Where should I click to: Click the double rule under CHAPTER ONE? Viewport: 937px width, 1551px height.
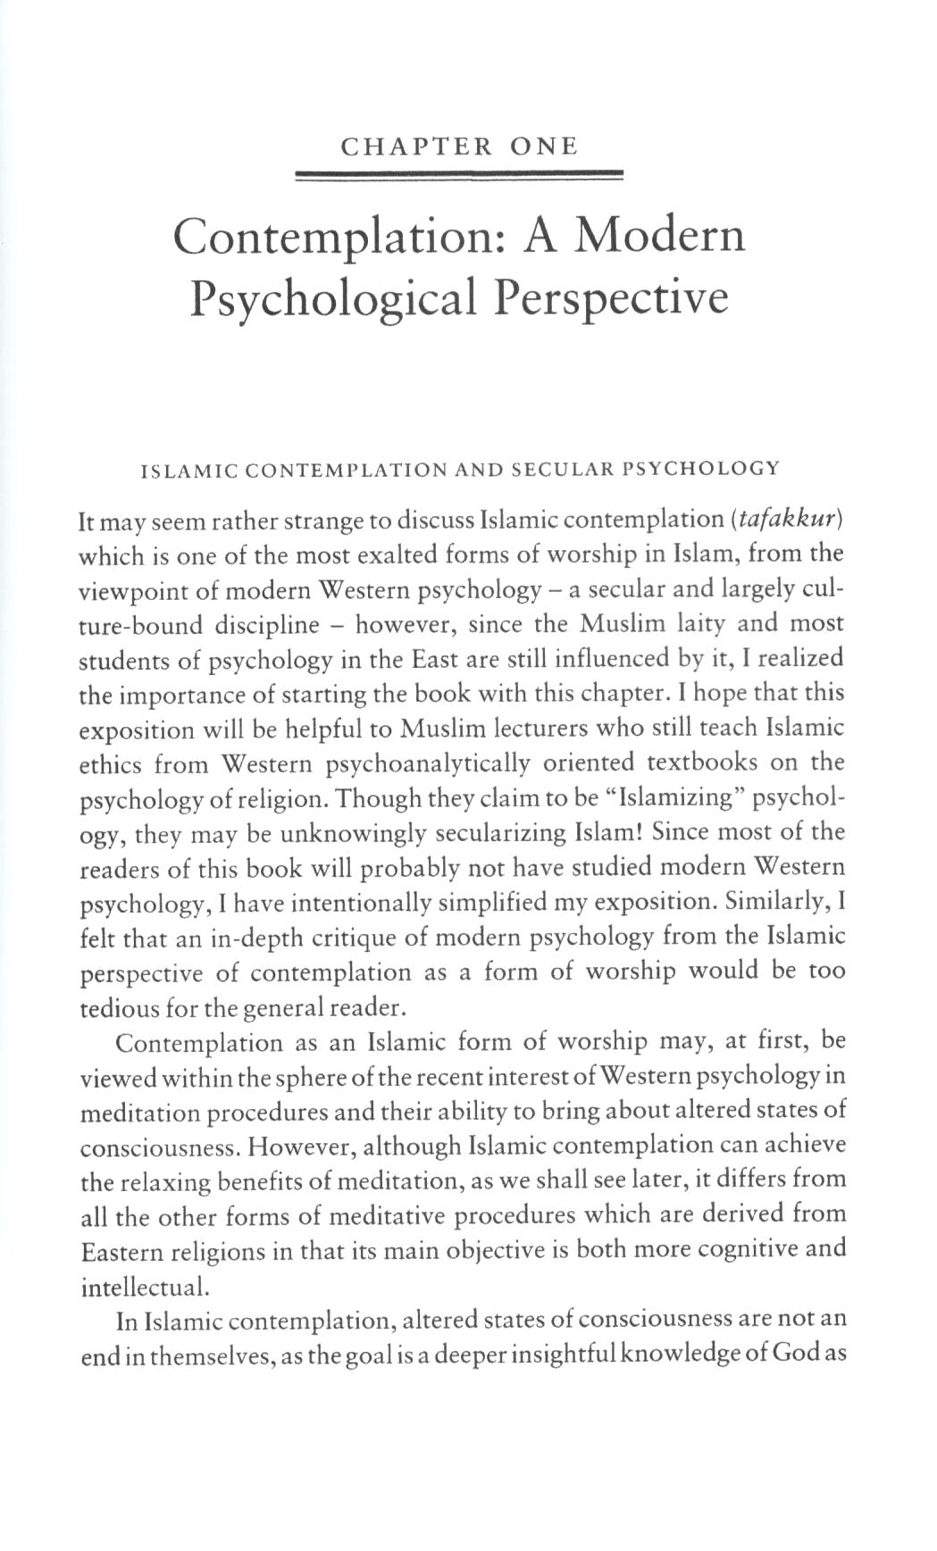[x=458, y=176]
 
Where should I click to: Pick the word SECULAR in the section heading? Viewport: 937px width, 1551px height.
[x=547, y=468]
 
